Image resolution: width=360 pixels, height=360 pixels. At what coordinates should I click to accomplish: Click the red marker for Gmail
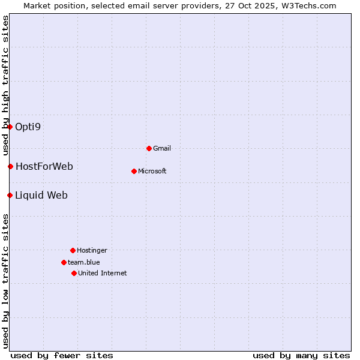[149, 148]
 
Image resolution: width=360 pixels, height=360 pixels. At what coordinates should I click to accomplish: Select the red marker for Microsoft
[134, 171]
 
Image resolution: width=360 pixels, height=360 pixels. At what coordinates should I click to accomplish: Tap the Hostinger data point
[73, 250]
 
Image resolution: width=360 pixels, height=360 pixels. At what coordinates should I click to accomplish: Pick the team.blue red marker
[64, 262]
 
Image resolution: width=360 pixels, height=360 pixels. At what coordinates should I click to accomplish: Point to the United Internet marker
[74, 273]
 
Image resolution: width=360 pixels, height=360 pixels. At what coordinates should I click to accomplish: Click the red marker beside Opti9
[10, 127]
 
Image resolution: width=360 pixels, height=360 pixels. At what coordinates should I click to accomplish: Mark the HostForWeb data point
[10, 166]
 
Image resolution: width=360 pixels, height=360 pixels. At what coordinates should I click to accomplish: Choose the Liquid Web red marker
[10, 195]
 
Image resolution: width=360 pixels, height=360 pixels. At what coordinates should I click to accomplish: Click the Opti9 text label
[28, 127]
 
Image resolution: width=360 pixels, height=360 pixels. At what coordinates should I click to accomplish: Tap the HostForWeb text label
[44, 166]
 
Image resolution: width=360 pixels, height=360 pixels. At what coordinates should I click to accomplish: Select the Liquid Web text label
[41, 195]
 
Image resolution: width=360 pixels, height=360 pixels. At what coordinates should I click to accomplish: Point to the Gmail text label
[162, 148]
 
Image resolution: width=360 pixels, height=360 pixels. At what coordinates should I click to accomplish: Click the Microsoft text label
[152, 171]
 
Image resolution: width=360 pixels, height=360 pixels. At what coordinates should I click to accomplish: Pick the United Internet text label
[102, 273]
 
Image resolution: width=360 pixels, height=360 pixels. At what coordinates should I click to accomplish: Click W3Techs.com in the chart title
[307, 5]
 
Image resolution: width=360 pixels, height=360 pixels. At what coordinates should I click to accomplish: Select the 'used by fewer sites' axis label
[62, 355]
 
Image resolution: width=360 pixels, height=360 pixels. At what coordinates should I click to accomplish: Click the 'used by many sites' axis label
[301, 355]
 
